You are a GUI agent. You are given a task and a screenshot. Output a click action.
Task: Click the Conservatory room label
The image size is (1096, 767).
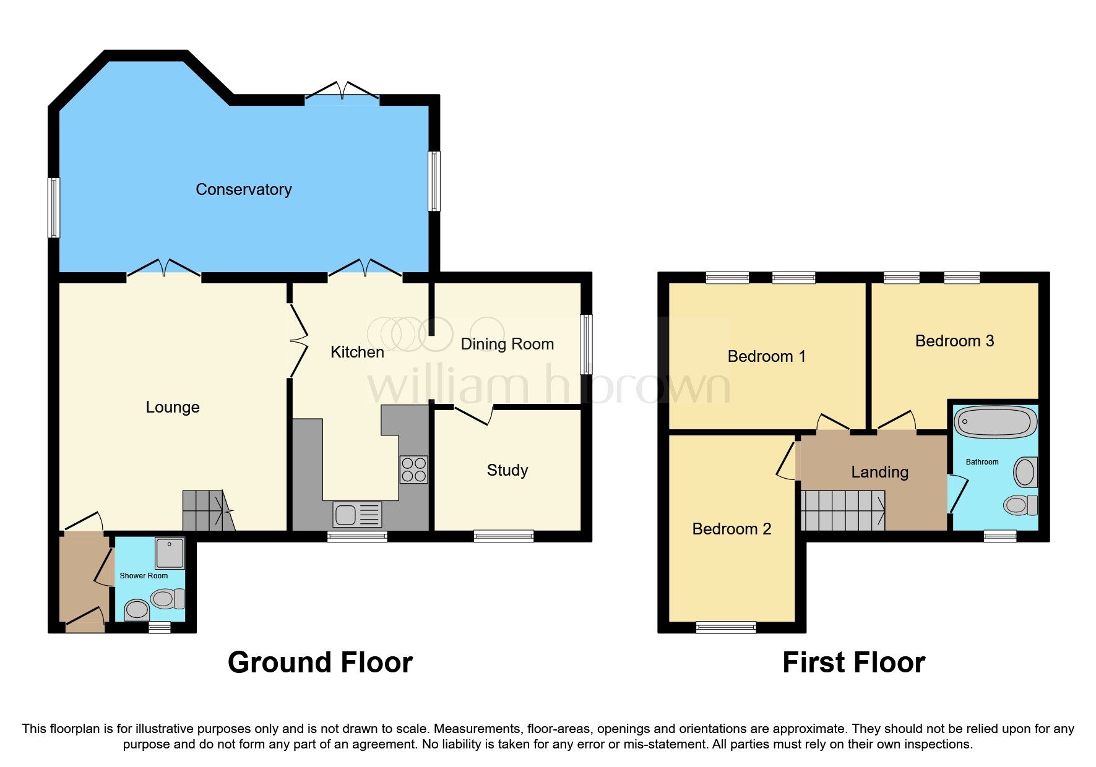coord(243,189)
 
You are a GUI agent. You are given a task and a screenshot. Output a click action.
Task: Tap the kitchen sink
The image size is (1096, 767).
coord(357,514)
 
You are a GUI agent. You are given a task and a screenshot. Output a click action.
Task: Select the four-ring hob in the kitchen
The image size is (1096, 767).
coord(413,469)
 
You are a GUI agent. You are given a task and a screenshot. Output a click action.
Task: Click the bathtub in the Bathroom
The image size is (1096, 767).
coord(995,422)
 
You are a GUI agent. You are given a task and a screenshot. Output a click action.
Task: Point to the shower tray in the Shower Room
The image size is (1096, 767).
coord(170,553)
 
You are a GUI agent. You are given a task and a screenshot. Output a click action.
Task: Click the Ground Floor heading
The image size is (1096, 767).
coord(320,662)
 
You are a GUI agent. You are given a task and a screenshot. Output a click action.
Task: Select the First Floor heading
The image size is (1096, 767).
coord(853,662)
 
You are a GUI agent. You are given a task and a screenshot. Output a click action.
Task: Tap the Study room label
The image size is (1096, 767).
coord(507,470)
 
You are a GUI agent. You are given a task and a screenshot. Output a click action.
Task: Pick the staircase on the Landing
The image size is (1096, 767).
coord(843,510)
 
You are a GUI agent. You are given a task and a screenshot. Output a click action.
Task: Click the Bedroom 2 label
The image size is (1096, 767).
coord(731,529)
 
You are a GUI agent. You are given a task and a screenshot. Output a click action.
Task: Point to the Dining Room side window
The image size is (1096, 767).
coord(585,345)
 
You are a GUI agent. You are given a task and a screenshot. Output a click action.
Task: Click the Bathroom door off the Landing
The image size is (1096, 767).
coord(957,493)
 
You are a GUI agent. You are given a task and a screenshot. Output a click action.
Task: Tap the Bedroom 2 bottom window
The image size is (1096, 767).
coord(726,627)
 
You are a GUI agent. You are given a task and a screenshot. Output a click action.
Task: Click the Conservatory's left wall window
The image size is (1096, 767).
coord(54,208)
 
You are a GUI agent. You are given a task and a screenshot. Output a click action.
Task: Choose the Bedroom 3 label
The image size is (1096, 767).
coord(954,341)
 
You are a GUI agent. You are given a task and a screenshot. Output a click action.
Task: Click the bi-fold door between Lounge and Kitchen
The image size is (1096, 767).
coord(298,340)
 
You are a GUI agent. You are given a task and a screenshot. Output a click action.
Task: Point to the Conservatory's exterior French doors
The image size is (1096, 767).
coord(342,91)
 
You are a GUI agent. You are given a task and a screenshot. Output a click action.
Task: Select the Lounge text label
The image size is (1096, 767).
coord(173,407)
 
